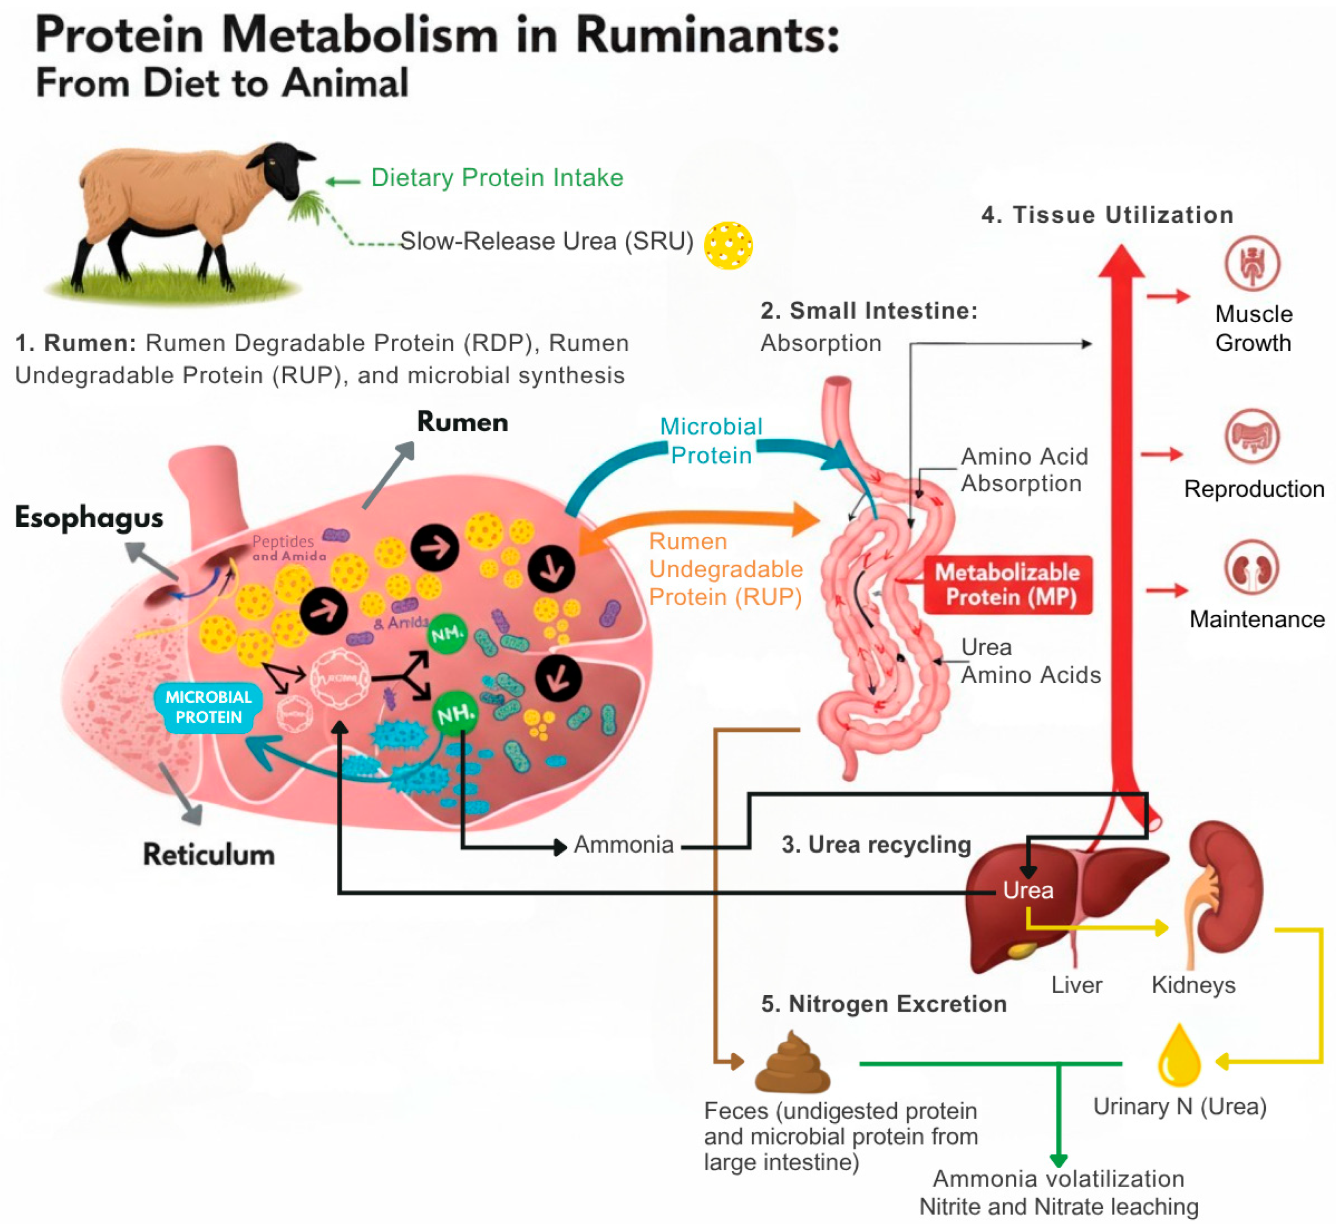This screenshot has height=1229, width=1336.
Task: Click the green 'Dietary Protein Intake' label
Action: pos(497,178)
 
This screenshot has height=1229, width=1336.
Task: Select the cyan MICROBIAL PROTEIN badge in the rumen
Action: pos(208,707)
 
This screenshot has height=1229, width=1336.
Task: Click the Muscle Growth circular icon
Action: pos(1252,263)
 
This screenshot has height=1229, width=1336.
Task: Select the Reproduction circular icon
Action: pos(1252,436)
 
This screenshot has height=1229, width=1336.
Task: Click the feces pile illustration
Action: pos(793,1064)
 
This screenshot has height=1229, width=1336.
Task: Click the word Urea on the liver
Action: pos(1028,890)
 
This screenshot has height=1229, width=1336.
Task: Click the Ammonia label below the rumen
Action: pos(623,845)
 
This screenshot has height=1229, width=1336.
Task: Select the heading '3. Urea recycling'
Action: pos(876,845)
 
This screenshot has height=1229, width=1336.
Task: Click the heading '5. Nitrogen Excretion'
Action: pos(883,1003)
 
